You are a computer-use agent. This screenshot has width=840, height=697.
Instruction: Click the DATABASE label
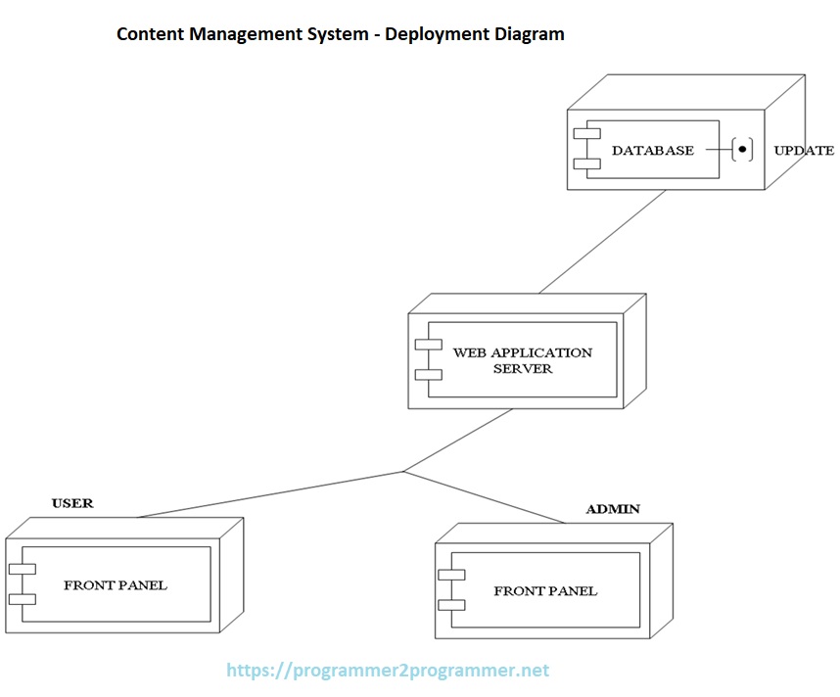click(x=652, y=151)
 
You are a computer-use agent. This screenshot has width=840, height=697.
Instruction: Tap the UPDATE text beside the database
click(x=804, y=151)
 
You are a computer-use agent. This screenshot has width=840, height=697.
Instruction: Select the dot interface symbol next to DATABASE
click(x=743, y=150)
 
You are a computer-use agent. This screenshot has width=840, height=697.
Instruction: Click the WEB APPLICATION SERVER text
click(x=522, y=360)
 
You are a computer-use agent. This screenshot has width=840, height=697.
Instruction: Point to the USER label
click(x=72, y=503)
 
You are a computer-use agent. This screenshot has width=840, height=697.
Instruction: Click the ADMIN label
click(x=613, y=509)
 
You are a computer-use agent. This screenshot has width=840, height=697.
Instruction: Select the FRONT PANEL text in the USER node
click(x=116, y=585)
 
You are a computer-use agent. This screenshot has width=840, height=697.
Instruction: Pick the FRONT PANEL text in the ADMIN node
click(x=545, y=591)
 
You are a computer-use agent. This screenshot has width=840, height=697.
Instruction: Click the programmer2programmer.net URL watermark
click(x=388, y=671)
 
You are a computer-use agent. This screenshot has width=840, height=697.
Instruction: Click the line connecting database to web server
click(x=602, y=241)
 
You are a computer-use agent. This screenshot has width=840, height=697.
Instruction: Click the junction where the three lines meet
click(x=403, y=472)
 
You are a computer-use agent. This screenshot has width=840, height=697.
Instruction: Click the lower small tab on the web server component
click(x=428, y=374)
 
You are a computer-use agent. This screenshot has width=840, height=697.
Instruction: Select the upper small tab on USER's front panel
click(x=22, y=569)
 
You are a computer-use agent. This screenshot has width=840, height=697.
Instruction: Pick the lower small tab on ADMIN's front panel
click(x=451, y=605)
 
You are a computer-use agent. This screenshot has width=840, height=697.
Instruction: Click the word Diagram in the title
click(x=528, y=34)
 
